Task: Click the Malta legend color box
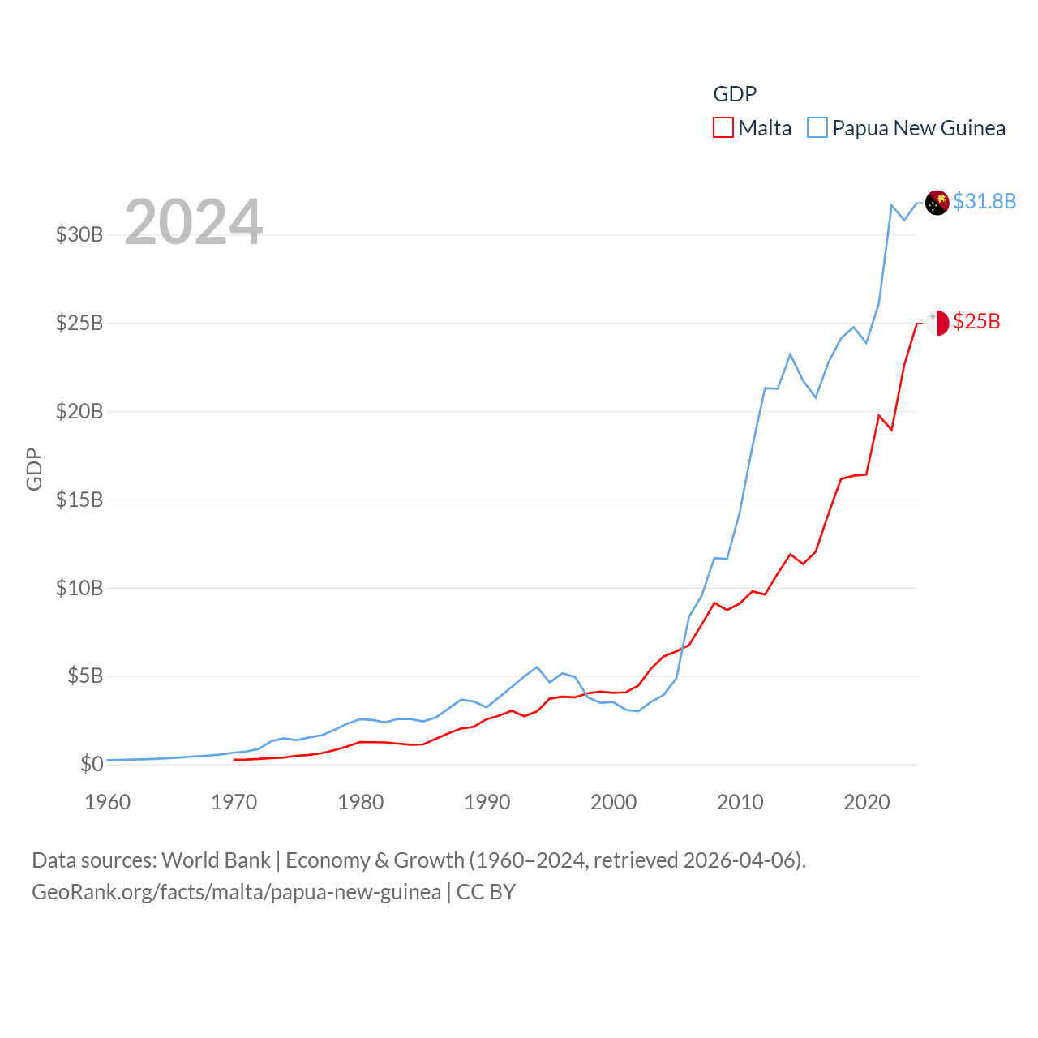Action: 723,128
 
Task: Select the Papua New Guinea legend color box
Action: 817,128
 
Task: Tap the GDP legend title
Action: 735,94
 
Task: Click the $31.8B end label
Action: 984,201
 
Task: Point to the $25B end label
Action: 976,322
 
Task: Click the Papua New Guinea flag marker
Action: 937,203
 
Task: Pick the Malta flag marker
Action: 937,323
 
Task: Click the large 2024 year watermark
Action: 193,222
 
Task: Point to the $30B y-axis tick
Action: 79,235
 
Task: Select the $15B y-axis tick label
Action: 79,500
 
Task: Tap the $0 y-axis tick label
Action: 92,764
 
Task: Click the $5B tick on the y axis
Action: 85,676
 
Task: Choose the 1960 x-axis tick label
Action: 108,803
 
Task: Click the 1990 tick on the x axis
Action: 487,803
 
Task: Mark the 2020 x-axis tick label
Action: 867,803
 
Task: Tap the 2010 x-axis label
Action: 740,803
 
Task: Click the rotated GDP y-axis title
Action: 34,469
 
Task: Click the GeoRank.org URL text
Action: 236,892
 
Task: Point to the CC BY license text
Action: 486,892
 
